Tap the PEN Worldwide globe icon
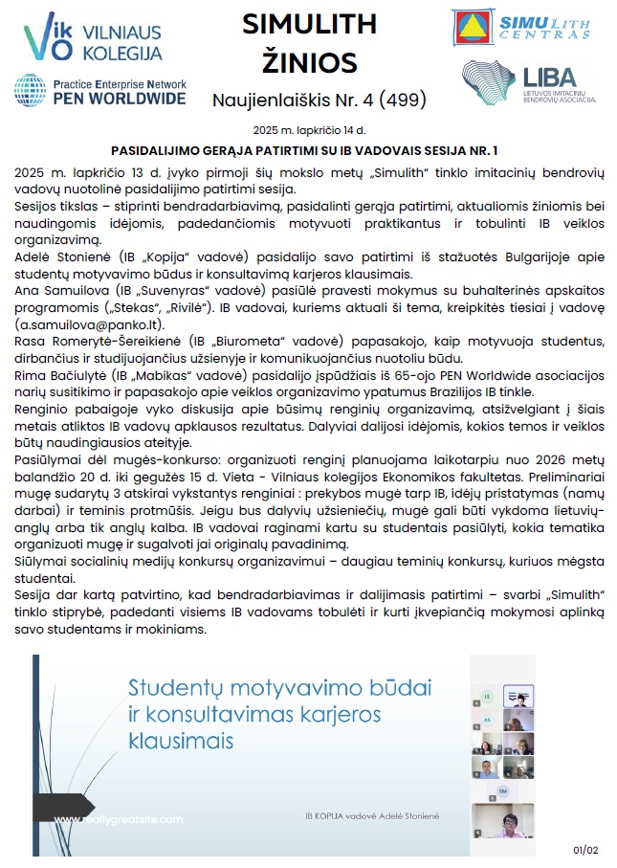31,90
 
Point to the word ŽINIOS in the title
308,63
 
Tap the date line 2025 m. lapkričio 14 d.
308,128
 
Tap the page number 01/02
584,849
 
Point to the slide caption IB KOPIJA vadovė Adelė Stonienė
366,814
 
